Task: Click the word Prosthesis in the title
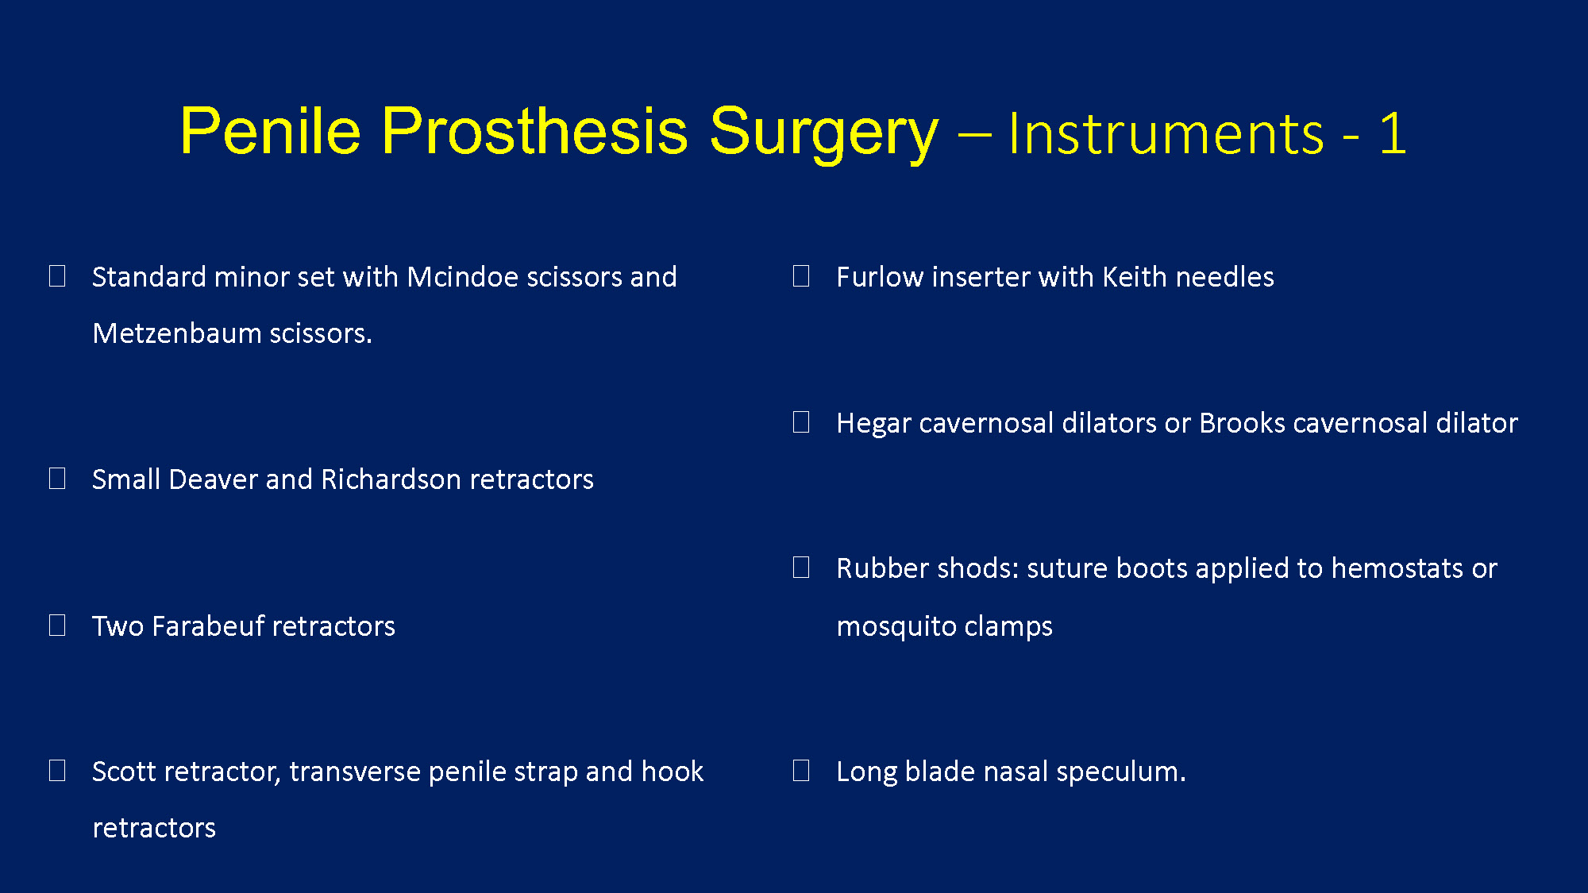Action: [x=534, y=131]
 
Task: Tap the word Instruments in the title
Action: [x=1166, y=133]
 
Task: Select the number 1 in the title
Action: [x=1393, y=133]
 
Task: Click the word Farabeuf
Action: [x=207, y=626]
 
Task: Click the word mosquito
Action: [x=896, y=627]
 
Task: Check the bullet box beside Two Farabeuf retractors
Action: [x=57, y=625]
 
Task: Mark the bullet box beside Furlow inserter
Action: [x=801, y=276]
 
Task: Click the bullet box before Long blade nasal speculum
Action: [x=801, y=771]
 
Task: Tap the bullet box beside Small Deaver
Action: [x=57, y=479]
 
